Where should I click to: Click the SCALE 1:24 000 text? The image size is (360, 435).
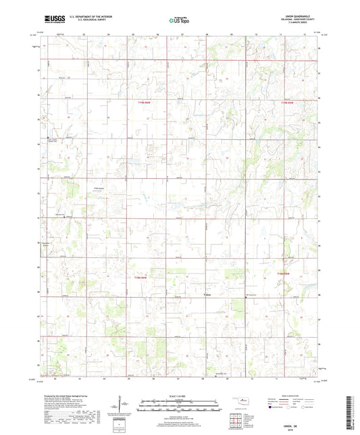(x=180, y=396)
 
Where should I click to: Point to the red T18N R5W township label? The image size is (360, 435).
(x=289, y=273)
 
